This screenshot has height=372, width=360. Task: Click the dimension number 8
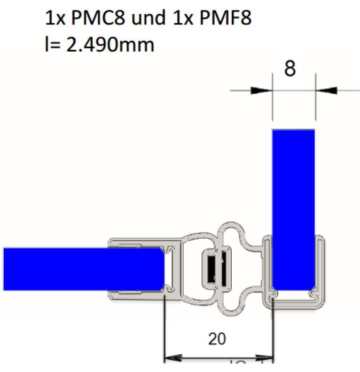click(x=290, y=69)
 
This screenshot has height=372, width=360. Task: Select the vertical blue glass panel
click(x=293, y=209)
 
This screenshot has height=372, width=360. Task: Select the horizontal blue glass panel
click(x=82, y=269)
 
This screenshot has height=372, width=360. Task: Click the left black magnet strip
click(x=211, y=269)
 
